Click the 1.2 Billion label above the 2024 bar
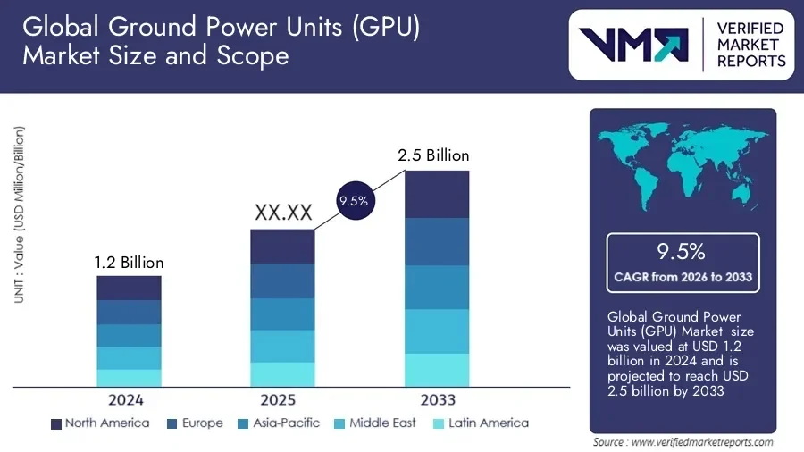tap(130, 263)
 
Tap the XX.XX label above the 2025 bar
tap(283, 213)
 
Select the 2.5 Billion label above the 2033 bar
tap(433, 155)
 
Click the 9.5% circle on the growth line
tap(354, 202)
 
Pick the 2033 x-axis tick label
tap(437, 399)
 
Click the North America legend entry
tap(100, 423)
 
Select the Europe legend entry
tap(194, 423)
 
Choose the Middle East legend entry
tap(374, 423)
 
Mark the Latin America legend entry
tap(480, 423)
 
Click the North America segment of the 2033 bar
tap(437, 194)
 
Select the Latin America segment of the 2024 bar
tap(130, 378)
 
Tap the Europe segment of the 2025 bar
tap(282, 280)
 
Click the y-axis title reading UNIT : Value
tap(19, 214)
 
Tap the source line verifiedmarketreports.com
tap(683, 442)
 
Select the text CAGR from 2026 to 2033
tap(683, 277)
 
